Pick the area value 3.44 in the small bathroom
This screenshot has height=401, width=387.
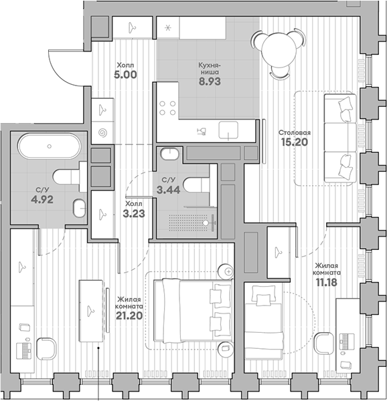[165, 191]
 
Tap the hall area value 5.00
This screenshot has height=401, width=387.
[125, 76]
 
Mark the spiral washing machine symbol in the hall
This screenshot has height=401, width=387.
[102, 132]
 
